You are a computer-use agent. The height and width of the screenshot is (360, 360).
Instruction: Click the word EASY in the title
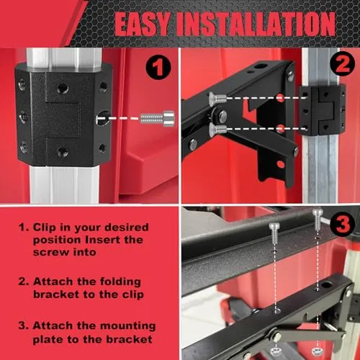[143, 24]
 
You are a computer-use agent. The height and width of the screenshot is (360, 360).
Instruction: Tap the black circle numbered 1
[158, 68]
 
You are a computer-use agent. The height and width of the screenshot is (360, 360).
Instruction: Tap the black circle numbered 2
[342, 64]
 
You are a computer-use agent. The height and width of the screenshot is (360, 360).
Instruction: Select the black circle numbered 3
[342, 224]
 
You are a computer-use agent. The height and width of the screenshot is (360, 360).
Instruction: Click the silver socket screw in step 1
[158, 118]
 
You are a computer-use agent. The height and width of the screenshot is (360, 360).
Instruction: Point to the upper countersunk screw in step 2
[217, 99]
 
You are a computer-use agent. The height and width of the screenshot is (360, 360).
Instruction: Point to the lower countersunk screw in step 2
[217, 130]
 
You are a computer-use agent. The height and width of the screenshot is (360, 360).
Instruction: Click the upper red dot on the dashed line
[280, 97]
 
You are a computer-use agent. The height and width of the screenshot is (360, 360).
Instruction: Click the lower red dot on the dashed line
[280, 128]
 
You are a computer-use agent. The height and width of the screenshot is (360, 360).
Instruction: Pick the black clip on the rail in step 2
[323, 111]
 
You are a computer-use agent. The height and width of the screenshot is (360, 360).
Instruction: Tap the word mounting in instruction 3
[127, 326]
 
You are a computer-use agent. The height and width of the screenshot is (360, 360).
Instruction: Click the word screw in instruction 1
[49, 252]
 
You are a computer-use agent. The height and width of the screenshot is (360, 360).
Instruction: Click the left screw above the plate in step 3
[274, 233]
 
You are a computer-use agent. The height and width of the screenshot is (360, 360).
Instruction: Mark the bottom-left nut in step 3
[275, 351]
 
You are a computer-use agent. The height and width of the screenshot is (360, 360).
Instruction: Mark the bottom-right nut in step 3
[317, 351]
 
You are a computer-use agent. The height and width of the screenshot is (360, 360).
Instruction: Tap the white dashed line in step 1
[118, 118]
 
